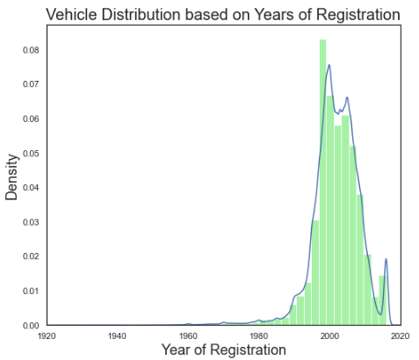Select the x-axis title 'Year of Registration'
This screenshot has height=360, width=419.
(223, 349)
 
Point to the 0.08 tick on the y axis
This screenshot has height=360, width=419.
(30, 50)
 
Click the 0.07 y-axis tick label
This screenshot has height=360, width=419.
(30, 84)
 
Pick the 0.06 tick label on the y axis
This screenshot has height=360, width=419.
(30, 119)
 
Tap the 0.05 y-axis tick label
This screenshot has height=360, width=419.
(30, 153)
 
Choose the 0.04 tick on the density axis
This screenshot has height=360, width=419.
(30, 187)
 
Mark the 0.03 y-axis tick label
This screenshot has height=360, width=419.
(30, 221)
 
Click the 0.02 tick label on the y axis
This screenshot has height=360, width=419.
(30, 256)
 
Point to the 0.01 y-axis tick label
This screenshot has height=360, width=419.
(30, 291)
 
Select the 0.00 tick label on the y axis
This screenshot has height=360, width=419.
(30, 325)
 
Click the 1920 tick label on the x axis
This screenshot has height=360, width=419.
(47, 335)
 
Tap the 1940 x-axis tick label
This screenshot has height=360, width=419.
(117, 335)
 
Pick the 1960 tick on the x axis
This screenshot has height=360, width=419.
(188, 335)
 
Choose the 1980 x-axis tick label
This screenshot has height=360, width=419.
(259, 335)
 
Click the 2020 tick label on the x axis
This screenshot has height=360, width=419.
(399, 335)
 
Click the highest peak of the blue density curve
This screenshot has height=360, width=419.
(329, 65)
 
